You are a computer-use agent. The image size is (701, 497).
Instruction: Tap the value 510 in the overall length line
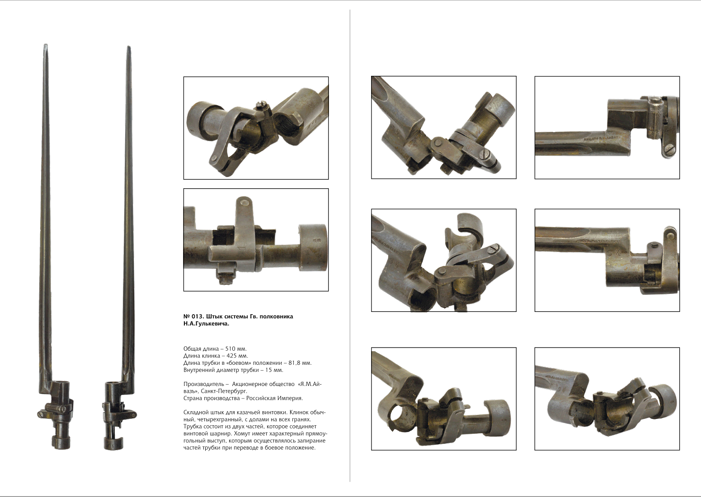(231, 348)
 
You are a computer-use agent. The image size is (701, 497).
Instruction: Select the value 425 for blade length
(231, 356)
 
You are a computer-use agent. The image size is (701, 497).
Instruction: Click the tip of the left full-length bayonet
(45, 45)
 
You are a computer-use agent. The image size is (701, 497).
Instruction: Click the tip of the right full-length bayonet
(128, 47)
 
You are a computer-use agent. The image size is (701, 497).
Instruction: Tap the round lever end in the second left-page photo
(244, 203)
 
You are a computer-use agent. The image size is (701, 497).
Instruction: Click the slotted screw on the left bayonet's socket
(64, 408)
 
